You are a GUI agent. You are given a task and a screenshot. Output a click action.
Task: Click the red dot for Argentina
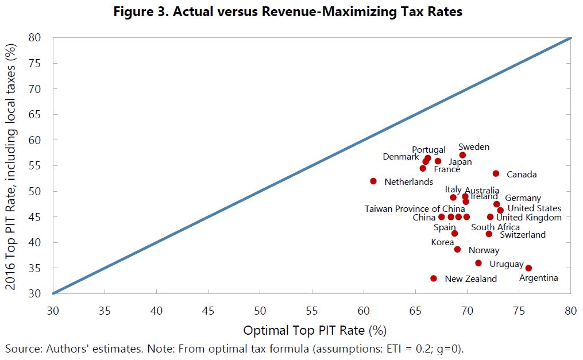[x=528, y=268]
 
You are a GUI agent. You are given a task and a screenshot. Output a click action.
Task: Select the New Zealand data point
[x=434, y=278]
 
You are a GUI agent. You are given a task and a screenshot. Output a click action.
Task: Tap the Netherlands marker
[x=373, y=181]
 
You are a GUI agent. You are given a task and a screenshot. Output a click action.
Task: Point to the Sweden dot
[x=463, y=155]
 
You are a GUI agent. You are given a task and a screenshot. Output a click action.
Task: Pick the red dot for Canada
[x=496, y=173]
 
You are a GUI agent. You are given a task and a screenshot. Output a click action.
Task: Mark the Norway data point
[x=457, y=249]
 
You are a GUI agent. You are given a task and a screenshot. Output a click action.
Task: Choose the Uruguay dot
[x=478, y=263]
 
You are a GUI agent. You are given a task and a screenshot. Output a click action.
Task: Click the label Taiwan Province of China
[x=415, y=208]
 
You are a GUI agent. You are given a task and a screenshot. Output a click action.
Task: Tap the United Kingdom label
[x=529, y=218]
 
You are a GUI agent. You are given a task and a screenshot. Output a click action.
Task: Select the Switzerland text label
[x=523, y=235]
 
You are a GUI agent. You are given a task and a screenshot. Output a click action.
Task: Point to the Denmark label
[x=401, y=157]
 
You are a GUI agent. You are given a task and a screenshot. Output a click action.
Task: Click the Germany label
[x=523, y=198]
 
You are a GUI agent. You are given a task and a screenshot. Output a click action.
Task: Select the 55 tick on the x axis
[x=311, y=311]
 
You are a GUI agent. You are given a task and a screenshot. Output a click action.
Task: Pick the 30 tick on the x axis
[x=53, y=311]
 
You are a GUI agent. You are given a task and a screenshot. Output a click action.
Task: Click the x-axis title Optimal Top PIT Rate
[x=314, y=331]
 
